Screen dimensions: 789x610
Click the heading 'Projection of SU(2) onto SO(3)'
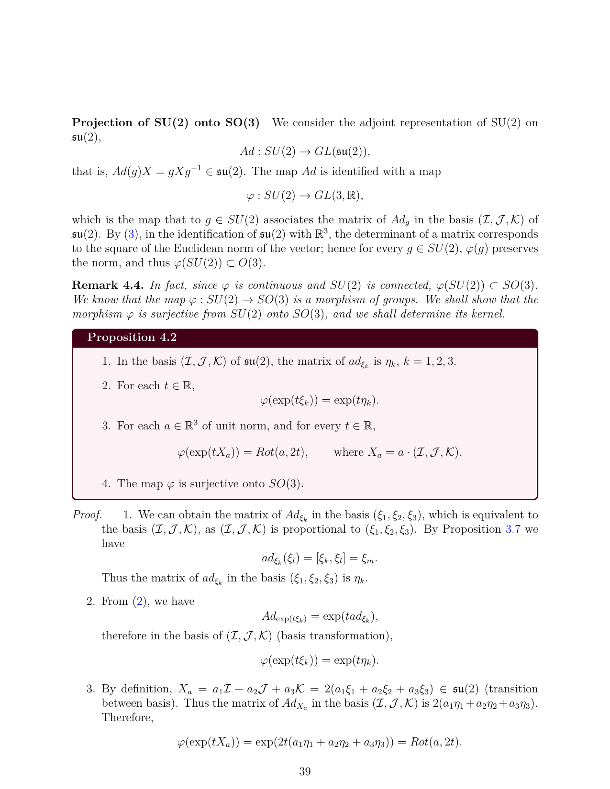pyautogui.click(x=166, y=123)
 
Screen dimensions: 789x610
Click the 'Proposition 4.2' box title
pyautogui.click(x=132, y=338)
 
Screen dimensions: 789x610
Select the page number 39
pyautogui.click(x=305, y=771)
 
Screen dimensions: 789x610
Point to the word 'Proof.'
pyautogui.click(x=87, y=515)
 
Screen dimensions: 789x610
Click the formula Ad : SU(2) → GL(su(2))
pyautogui.click(x=305, y=152)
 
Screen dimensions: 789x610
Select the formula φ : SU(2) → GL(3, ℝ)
pyautogui.click(x=305, y=196)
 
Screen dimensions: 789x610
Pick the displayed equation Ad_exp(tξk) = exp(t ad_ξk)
pyautogui.click(x=320, y=617)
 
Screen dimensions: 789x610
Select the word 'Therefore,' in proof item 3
pyautogui.click(x=127, y=718)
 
